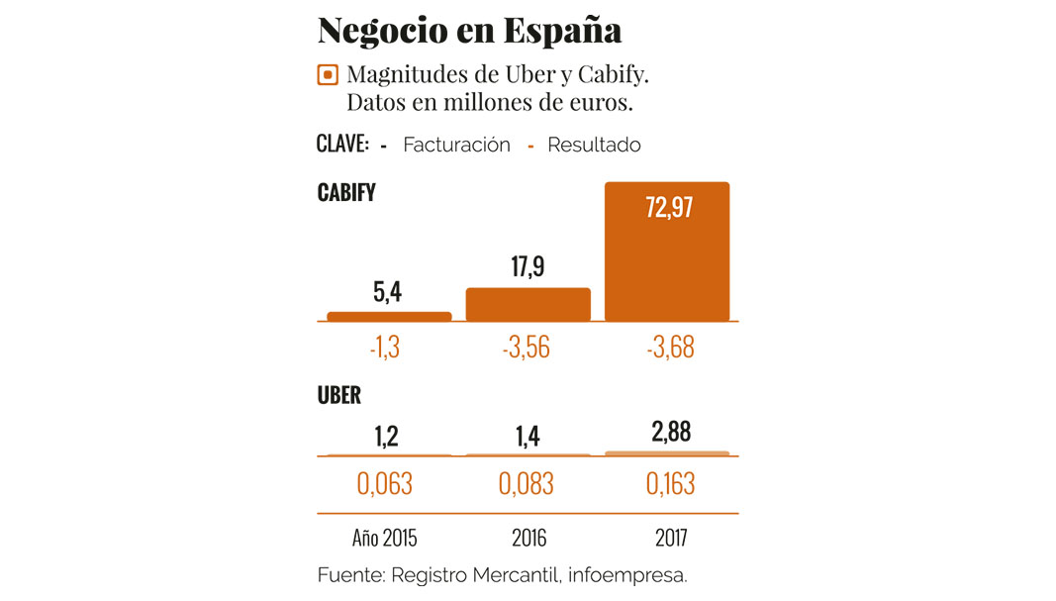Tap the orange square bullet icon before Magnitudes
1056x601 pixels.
(327, 75)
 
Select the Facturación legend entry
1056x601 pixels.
(456, 145)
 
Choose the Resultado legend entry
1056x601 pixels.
(594, 145)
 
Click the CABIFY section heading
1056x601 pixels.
(346, 192)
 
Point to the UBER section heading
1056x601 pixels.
(339, 396)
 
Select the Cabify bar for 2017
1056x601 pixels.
(667, 251)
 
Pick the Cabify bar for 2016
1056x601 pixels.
(528, 304)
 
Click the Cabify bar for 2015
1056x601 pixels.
(389, 316)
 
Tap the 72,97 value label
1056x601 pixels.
(668, 209)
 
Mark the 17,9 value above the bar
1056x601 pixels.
(528, 267)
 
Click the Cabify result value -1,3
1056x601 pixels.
(384, 348)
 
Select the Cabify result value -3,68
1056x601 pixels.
(668, 348)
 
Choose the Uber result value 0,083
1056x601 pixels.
(527, 483)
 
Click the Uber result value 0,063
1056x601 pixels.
(384, 483)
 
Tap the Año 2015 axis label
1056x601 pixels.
(385, 539)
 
